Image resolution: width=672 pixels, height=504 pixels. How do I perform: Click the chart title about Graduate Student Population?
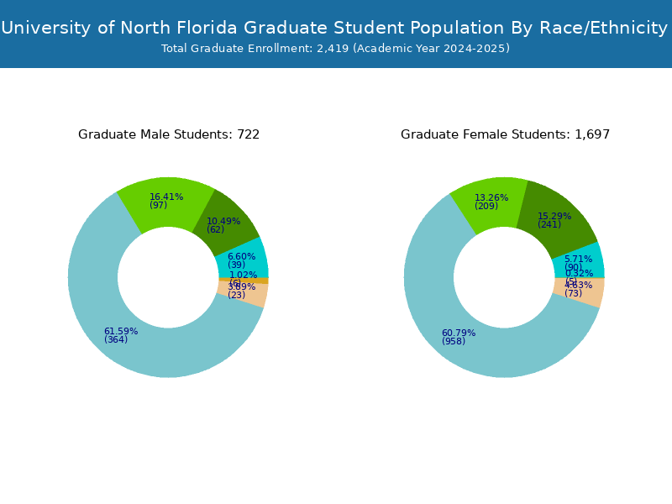click(334, 29)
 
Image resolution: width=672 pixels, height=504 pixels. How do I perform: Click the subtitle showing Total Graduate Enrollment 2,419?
click(335, 49)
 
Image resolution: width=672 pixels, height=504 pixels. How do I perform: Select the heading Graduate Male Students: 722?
click(169, 134)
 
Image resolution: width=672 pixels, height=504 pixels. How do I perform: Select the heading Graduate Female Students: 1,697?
click(505, 134)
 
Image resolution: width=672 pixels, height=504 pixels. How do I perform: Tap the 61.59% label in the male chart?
click(120, 331)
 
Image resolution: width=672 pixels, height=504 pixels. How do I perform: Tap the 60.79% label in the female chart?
click(458, 333)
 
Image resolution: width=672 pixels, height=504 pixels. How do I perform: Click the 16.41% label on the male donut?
click(166, 197)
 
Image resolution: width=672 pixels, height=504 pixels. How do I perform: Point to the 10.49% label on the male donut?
click(223, 222)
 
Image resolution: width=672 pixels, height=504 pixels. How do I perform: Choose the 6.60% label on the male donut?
click(241, 256)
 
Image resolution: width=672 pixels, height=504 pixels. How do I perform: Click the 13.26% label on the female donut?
click(491, 198)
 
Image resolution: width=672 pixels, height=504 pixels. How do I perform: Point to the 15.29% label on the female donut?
click(554, 216)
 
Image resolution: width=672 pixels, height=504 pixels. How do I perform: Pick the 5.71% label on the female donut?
click(578, 259)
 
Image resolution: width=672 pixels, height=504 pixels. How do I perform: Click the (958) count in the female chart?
click(454, 342)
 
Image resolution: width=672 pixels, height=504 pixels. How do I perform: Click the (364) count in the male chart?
click(116, 340)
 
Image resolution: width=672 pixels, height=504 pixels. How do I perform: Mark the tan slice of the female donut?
click(588, 292)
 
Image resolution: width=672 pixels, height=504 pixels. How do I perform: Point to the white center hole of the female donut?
click(504, 277)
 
